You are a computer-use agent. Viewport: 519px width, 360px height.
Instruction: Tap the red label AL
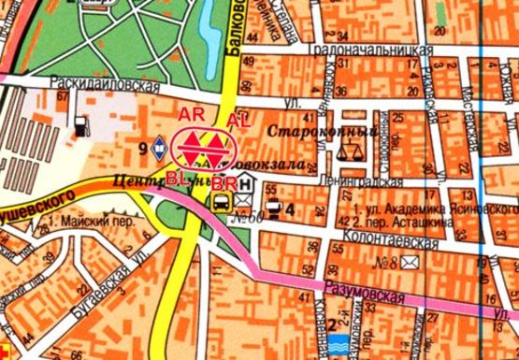[238, 120]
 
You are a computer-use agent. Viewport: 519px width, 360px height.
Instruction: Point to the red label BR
[223, 182]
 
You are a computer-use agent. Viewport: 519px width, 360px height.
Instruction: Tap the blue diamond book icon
[160, 148]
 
